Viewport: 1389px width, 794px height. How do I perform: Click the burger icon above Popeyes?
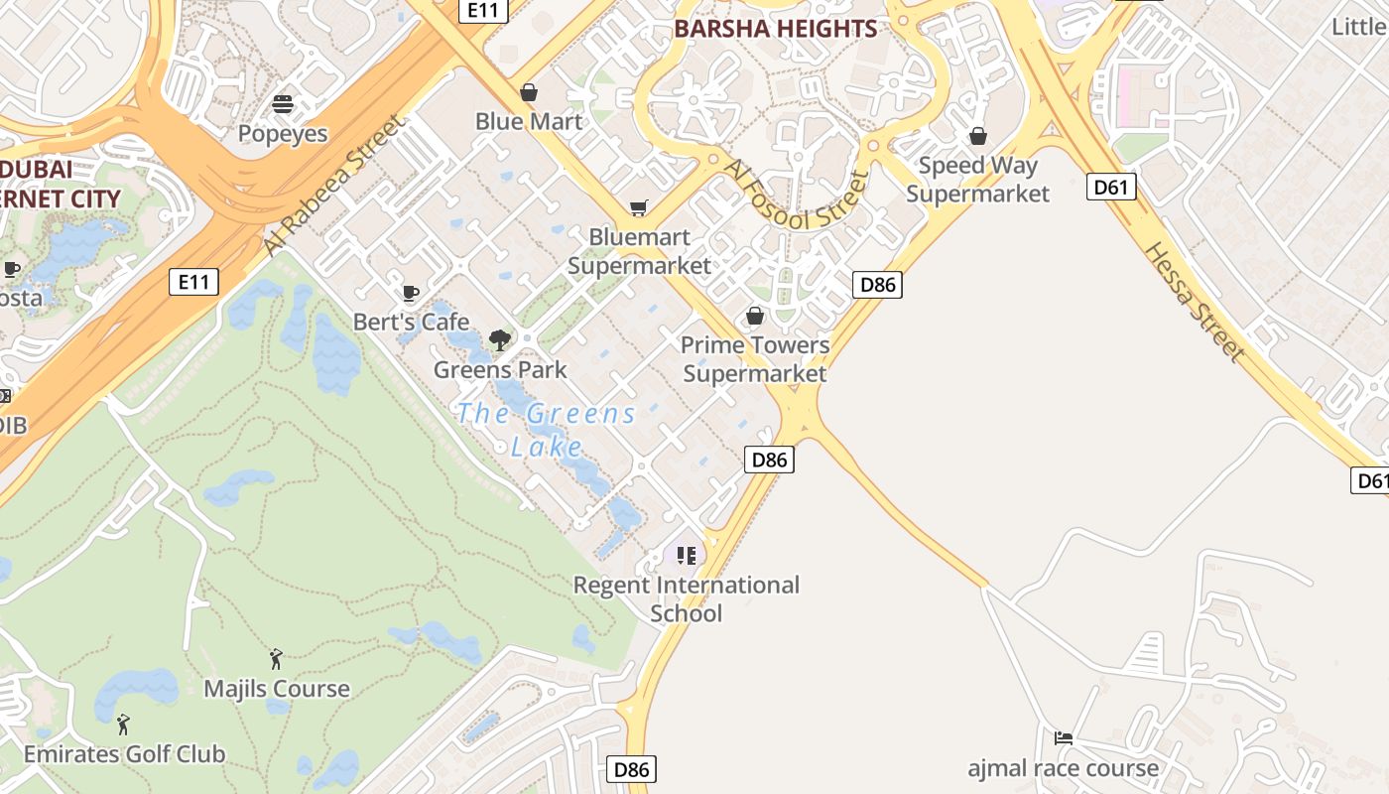(x=283, y=104)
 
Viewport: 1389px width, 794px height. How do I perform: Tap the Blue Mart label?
(x=529, y=121)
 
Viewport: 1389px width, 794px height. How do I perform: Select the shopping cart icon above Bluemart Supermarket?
(x=639, y=208)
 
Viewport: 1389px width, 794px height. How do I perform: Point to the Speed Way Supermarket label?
(x=977, y=180)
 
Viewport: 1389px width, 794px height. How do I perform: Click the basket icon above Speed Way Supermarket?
(x=978, y=136)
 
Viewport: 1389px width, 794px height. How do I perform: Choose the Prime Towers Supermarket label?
(x=755, y=359)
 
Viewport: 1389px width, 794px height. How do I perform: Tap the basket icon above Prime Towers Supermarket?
(x=755, y=316)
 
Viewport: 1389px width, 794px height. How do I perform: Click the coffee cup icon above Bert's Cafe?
(x=411, y=293)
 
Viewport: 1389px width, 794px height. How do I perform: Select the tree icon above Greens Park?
(x=500, y=340)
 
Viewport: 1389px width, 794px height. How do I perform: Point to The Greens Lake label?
(x=546, y=429)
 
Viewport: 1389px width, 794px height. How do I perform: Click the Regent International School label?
(x=687, y=598)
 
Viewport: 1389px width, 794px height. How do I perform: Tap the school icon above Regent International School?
(x=687, y=555)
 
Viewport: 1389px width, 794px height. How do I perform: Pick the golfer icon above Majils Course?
(x=276, y=658)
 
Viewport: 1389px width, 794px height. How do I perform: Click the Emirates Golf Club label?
(x=124, y=754)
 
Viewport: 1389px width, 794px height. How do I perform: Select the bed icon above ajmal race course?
(x=1064, y=737)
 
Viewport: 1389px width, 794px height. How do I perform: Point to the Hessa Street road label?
(x=1194, y=301)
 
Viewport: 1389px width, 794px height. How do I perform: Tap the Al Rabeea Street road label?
(x=335, y=185)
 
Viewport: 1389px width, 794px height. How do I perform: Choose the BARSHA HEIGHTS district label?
(x=776, y=29)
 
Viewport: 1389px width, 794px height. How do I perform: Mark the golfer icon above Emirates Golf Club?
(x=123, y=725)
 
